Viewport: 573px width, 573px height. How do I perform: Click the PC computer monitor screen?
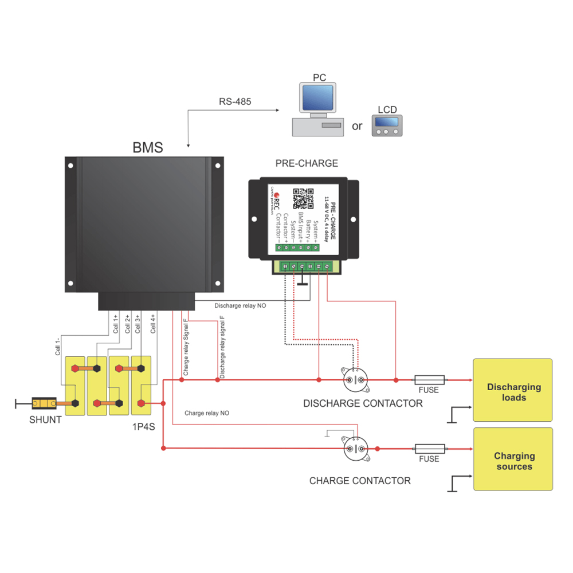tap(317, 98)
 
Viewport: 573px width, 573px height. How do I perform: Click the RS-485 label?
tap(235, 102)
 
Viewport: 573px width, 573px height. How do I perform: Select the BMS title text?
tap(148, 148)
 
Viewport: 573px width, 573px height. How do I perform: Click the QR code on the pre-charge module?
tap(304, 198)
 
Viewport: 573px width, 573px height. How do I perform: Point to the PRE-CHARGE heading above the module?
tap(307, 163)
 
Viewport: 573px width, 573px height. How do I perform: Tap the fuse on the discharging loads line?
tap(429, 379)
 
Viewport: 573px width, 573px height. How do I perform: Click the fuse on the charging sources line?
tap(429, 448)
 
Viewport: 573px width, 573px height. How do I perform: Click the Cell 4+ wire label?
tap(153, 324)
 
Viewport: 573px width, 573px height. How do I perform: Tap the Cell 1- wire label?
tap(57, 347)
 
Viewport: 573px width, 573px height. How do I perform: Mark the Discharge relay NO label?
tap(240, 306)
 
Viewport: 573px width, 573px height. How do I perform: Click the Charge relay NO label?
tap(207, 413)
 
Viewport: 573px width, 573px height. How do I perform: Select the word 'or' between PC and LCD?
tap(357, 126)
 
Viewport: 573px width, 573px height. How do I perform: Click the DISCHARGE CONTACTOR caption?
tap(363, 403)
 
